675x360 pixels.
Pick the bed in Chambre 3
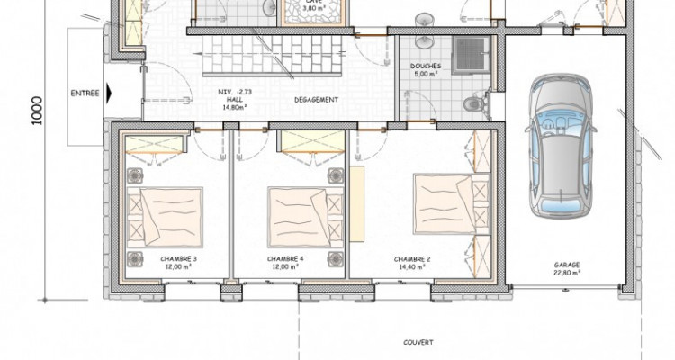point(165,216)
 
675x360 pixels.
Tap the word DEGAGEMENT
point(316,99)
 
